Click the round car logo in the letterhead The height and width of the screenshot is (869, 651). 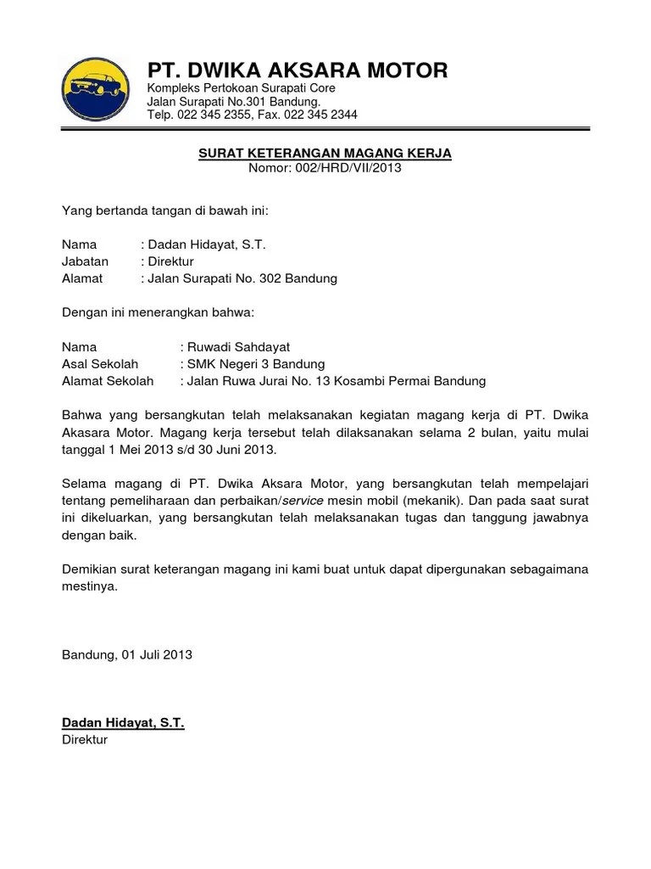point(96,90)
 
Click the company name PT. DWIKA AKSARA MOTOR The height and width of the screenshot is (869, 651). point(298,70)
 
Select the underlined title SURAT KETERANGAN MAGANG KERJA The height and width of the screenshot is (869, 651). point(325,153)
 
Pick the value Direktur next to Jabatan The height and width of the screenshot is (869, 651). point(171,261)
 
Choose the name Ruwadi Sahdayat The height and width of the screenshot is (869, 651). point(238,347)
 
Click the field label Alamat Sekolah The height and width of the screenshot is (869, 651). point(108,381)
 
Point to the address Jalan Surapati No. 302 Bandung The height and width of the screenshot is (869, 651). point(242,278)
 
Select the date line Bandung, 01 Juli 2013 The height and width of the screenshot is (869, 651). point(127,654)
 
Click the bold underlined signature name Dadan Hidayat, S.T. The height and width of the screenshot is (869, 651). point(123,722)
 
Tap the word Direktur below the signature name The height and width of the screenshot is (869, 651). point(85,739)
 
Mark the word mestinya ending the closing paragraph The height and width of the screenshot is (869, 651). point(90,586)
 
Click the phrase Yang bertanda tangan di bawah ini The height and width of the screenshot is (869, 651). point(170,210)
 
